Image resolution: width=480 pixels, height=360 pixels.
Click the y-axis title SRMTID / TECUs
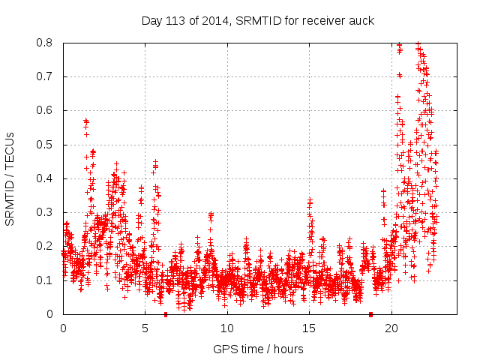pos(10,178)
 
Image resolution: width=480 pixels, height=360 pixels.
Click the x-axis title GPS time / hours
pos(259,349)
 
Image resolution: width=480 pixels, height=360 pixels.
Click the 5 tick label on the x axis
pos(145,328)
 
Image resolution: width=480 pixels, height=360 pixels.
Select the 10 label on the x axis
pos(226,328)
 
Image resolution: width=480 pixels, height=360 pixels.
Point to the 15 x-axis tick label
pos(309,328)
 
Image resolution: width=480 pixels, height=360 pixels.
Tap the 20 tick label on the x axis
pos(391,328)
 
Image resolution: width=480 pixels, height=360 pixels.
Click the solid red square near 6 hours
pos(166,314)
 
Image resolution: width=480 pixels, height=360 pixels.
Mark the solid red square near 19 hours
pos(370,314)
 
